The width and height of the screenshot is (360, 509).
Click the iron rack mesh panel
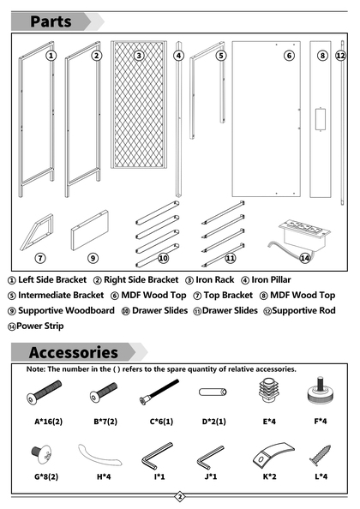click(139, 105)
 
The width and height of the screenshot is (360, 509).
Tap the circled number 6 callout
click(289, 56)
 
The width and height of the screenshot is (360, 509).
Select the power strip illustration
click(299, 237)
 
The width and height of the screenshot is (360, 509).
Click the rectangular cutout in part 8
click(321, 119)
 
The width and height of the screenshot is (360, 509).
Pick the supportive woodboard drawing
click(90, 230)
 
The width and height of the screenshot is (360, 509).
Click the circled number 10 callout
click(163, 258)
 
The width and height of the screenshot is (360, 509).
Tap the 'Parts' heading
click(51, 21)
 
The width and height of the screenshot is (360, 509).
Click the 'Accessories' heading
click(74, 352)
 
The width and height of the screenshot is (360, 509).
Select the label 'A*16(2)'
click(48, 422)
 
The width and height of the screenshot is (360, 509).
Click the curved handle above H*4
click(99, 455)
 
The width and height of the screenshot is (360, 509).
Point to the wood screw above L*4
click(321, 455)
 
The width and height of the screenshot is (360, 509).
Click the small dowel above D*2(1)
click(213, 392)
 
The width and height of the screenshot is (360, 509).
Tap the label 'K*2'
click(269, 476)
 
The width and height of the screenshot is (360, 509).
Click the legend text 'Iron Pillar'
click(271, 279)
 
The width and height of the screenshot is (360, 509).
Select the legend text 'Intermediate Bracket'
click(61, 295)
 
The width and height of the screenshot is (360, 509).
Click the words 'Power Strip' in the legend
click(40, 326)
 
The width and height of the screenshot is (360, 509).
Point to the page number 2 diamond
click(180, 496)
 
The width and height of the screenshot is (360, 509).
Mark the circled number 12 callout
click(340, 56)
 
